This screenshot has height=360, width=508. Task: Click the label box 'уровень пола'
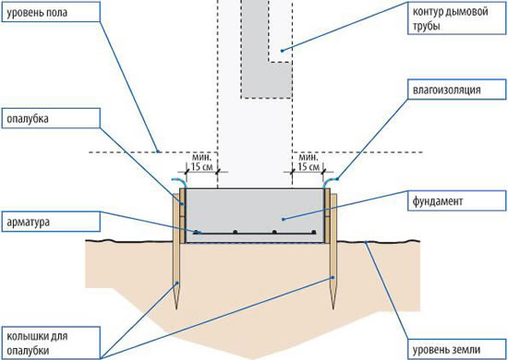click(51, 12)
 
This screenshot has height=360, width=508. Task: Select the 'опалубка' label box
click(51, 118)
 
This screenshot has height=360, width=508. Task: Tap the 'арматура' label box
click(51, 222)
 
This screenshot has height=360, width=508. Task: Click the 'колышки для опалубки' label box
click(51, 342)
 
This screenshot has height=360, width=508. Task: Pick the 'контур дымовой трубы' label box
click(456, 18)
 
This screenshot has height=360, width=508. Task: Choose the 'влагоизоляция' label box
click(456, 89)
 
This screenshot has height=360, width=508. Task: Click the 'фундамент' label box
click(456, 200)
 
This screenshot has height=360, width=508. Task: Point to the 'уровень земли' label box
click(456, 349)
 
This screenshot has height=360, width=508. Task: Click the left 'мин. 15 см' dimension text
click(202, 162)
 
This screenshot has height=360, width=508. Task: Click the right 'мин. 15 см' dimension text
click(308, 162)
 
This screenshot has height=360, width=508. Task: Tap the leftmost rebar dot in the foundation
click(196, 232)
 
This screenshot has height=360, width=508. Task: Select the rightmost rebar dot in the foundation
click(313, 232)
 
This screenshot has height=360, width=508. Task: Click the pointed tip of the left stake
click(176, 308)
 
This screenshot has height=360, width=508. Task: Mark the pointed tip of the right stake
click(333, 308)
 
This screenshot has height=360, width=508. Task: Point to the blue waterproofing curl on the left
click(179, 181)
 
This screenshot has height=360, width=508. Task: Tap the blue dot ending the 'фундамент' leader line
click(283, 219)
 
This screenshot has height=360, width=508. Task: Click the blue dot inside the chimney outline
click(282, 50)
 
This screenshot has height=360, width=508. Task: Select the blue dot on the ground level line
click(366, 241)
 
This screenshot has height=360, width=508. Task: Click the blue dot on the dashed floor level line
click(157, 151)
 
